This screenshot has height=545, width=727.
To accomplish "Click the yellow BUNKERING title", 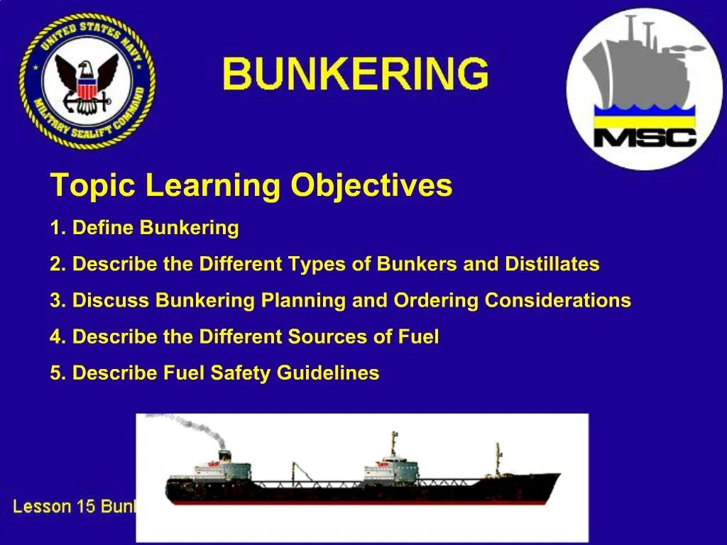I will coord(355,74).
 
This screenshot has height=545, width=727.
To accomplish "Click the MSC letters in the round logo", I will coord(645,136).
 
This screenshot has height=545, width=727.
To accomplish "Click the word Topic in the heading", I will coord(93,186).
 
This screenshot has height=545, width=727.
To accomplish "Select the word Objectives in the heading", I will coord(371,186).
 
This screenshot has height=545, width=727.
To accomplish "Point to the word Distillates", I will coord(552,265).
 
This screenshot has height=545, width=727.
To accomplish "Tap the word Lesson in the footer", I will coord(42,507).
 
